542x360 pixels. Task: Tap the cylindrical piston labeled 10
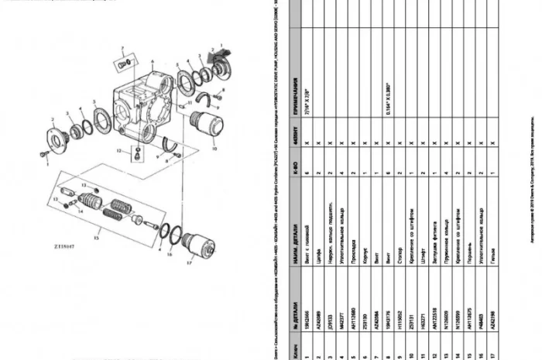206,127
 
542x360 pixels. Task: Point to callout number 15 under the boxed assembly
98,231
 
